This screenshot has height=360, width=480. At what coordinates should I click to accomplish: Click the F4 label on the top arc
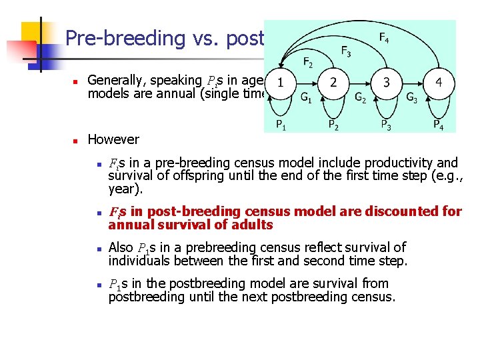pyautogui.click(x=385, y=38)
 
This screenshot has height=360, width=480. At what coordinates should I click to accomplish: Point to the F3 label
pyautogui.click(x=347, y=51)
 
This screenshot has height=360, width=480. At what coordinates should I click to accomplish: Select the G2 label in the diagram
pyautogui.click(x=360, y=98)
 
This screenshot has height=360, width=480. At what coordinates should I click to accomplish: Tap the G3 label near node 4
pyautogui.click(x=413, y=98)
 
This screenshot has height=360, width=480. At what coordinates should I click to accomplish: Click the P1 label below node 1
pyautogui.click(x=282, y=124)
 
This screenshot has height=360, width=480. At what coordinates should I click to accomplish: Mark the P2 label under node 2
pyautogui.click(x=333, y=124)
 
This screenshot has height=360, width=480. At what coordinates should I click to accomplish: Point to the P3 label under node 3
pyautogui.click(x=386, y=124)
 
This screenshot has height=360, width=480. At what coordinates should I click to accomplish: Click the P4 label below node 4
pyautogui.click(x=438, y=124)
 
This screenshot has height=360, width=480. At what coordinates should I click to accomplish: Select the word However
pyautogui.click(x=113, y=139)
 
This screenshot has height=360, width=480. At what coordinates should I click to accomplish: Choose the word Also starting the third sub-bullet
pyautogui.click(x=121, y=247)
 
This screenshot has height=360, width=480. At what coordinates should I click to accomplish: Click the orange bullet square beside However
pyautogui.click(x=76, y=141)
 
